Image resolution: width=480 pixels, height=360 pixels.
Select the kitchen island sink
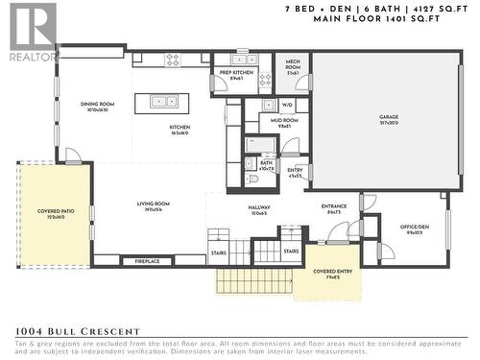pos(155,99)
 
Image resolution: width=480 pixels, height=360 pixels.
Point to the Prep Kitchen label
pos(236,73)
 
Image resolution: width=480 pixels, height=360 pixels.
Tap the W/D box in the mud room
pos(287,105)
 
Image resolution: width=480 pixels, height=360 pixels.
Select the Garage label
pos(389,119)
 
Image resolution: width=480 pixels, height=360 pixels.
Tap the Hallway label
pos(259,209)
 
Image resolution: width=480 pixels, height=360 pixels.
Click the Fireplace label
pos(147,260)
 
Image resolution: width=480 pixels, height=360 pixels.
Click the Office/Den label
pos(414,230)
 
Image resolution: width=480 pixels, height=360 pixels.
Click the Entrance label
pos(335,207)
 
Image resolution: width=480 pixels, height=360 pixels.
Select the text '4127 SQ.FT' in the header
pos(433,8)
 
